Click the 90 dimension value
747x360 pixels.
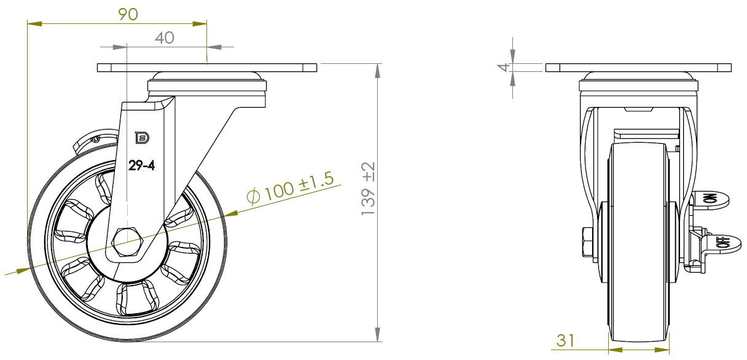[x=128, y=14]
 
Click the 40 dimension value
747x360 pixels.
[x=165, y=38]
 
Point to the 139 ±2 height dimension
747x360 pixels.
[x=369, y=189]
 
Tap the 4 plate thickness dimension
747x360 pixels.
[x=503, y=68]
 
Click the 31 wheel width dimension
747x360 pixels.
[x=565, y=341]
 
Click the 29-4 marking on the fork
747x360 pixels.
[x=142, y=165]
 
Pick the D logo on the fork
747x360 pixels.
[x=142, y=138]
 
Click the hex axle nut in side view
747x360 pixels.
[x=127, y=242]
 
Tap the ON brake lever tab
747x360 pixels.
[x=711, y=200]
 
